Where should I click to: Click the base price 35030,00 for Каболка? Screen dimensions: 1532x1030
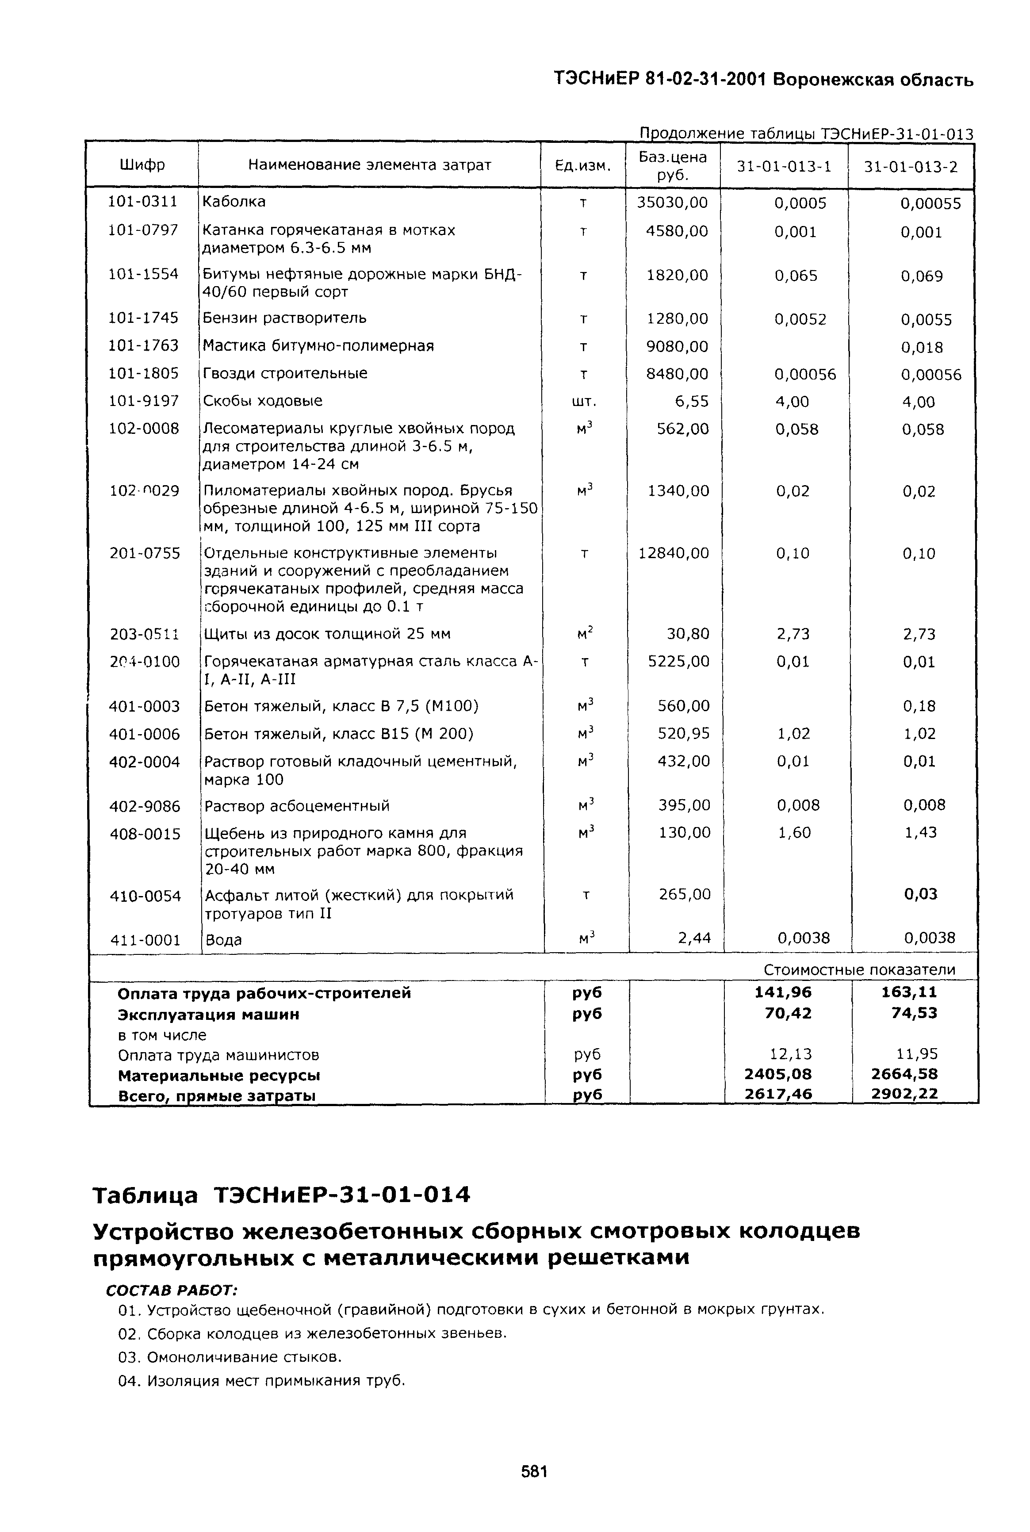tap(673, 203)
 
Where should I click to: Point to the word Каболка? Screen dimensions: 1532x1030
tap(234, 202)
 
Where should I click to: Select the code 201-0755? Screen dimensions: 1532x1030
tap(145, 553)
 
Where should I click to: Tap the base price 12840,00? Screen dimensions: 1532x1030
tap(674, 553)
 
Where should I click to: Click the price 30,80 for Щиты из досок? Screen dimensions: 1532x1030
tap(688, 634)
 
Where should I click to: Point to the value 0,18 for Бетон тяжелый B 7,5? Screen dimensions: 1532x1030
tap(919, 706)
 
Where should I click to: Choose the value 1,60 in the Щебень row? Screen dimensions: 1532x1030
tap(794, 832)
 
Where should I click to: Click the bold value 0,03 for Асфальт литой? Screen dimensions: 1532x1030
tap(920, 894)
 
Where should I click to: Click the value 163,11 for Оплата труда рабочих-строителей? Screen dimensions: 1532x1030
tap(909, 992)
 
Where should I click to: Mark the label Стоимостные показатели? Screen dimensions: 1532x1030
tap(859, 969)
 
